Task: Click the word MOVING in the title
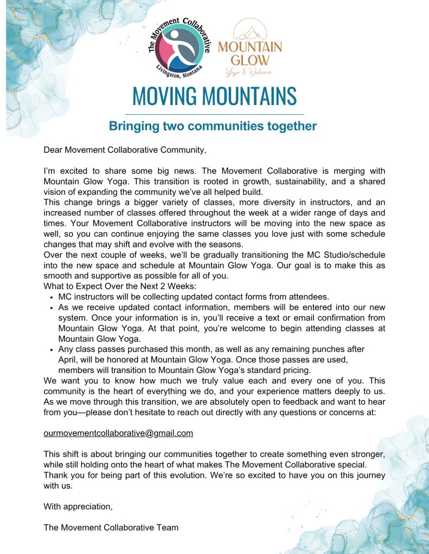(x=165, y=96)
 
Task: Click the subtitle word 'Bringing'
(x=133, y=127)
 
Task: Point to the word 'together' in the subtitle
(x=292, y=127)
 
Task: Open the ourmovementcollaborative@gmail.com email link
(x=118, y=433)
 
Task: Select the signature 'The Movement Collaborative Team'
(x=111, y=527)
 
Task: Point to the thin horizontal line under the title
(x=214, y=114)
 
